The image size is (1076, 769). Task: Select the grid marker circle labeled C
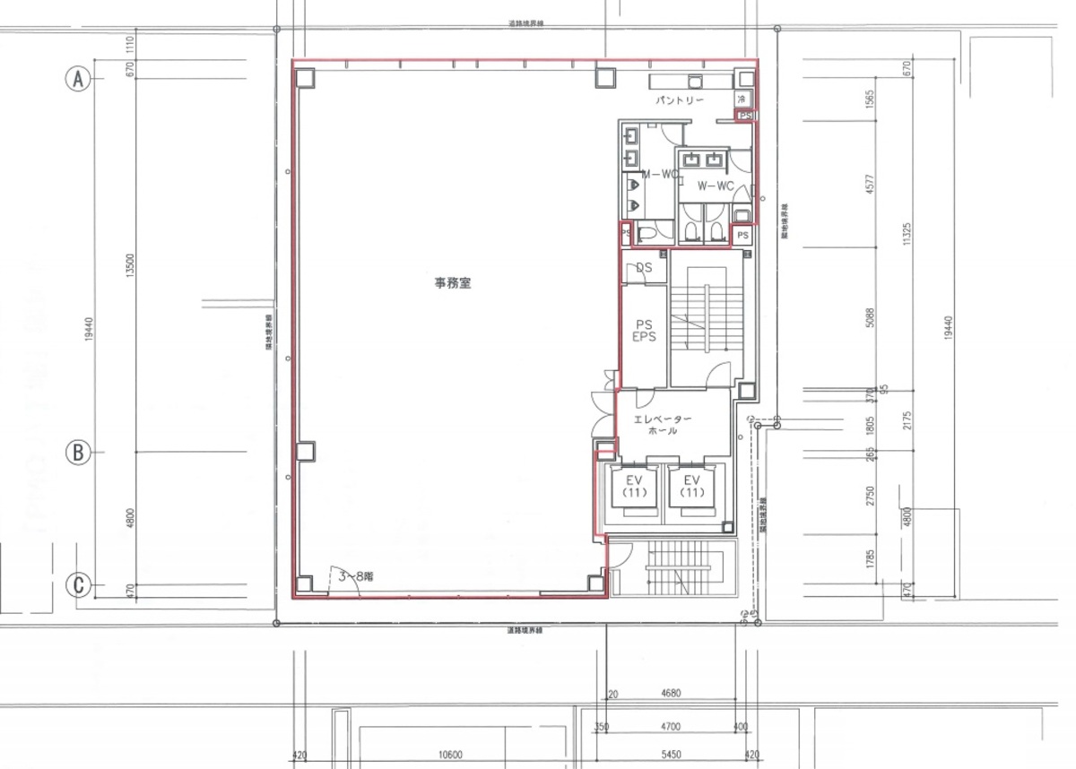tap(79, 585)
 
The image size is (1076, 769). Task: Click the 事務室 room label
tap(454, 283)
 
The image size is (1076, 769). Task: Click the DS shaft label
tap(644, 267)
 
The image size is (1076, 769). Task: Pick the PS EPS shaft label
tap(644, 331)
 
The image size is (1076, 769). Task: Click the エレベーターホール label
tap(663, 425)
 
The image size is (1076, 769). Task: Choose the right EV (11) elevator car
tap(690, 487)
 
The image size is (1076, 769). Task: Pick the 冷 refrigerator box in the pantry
tap(742, 98)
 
